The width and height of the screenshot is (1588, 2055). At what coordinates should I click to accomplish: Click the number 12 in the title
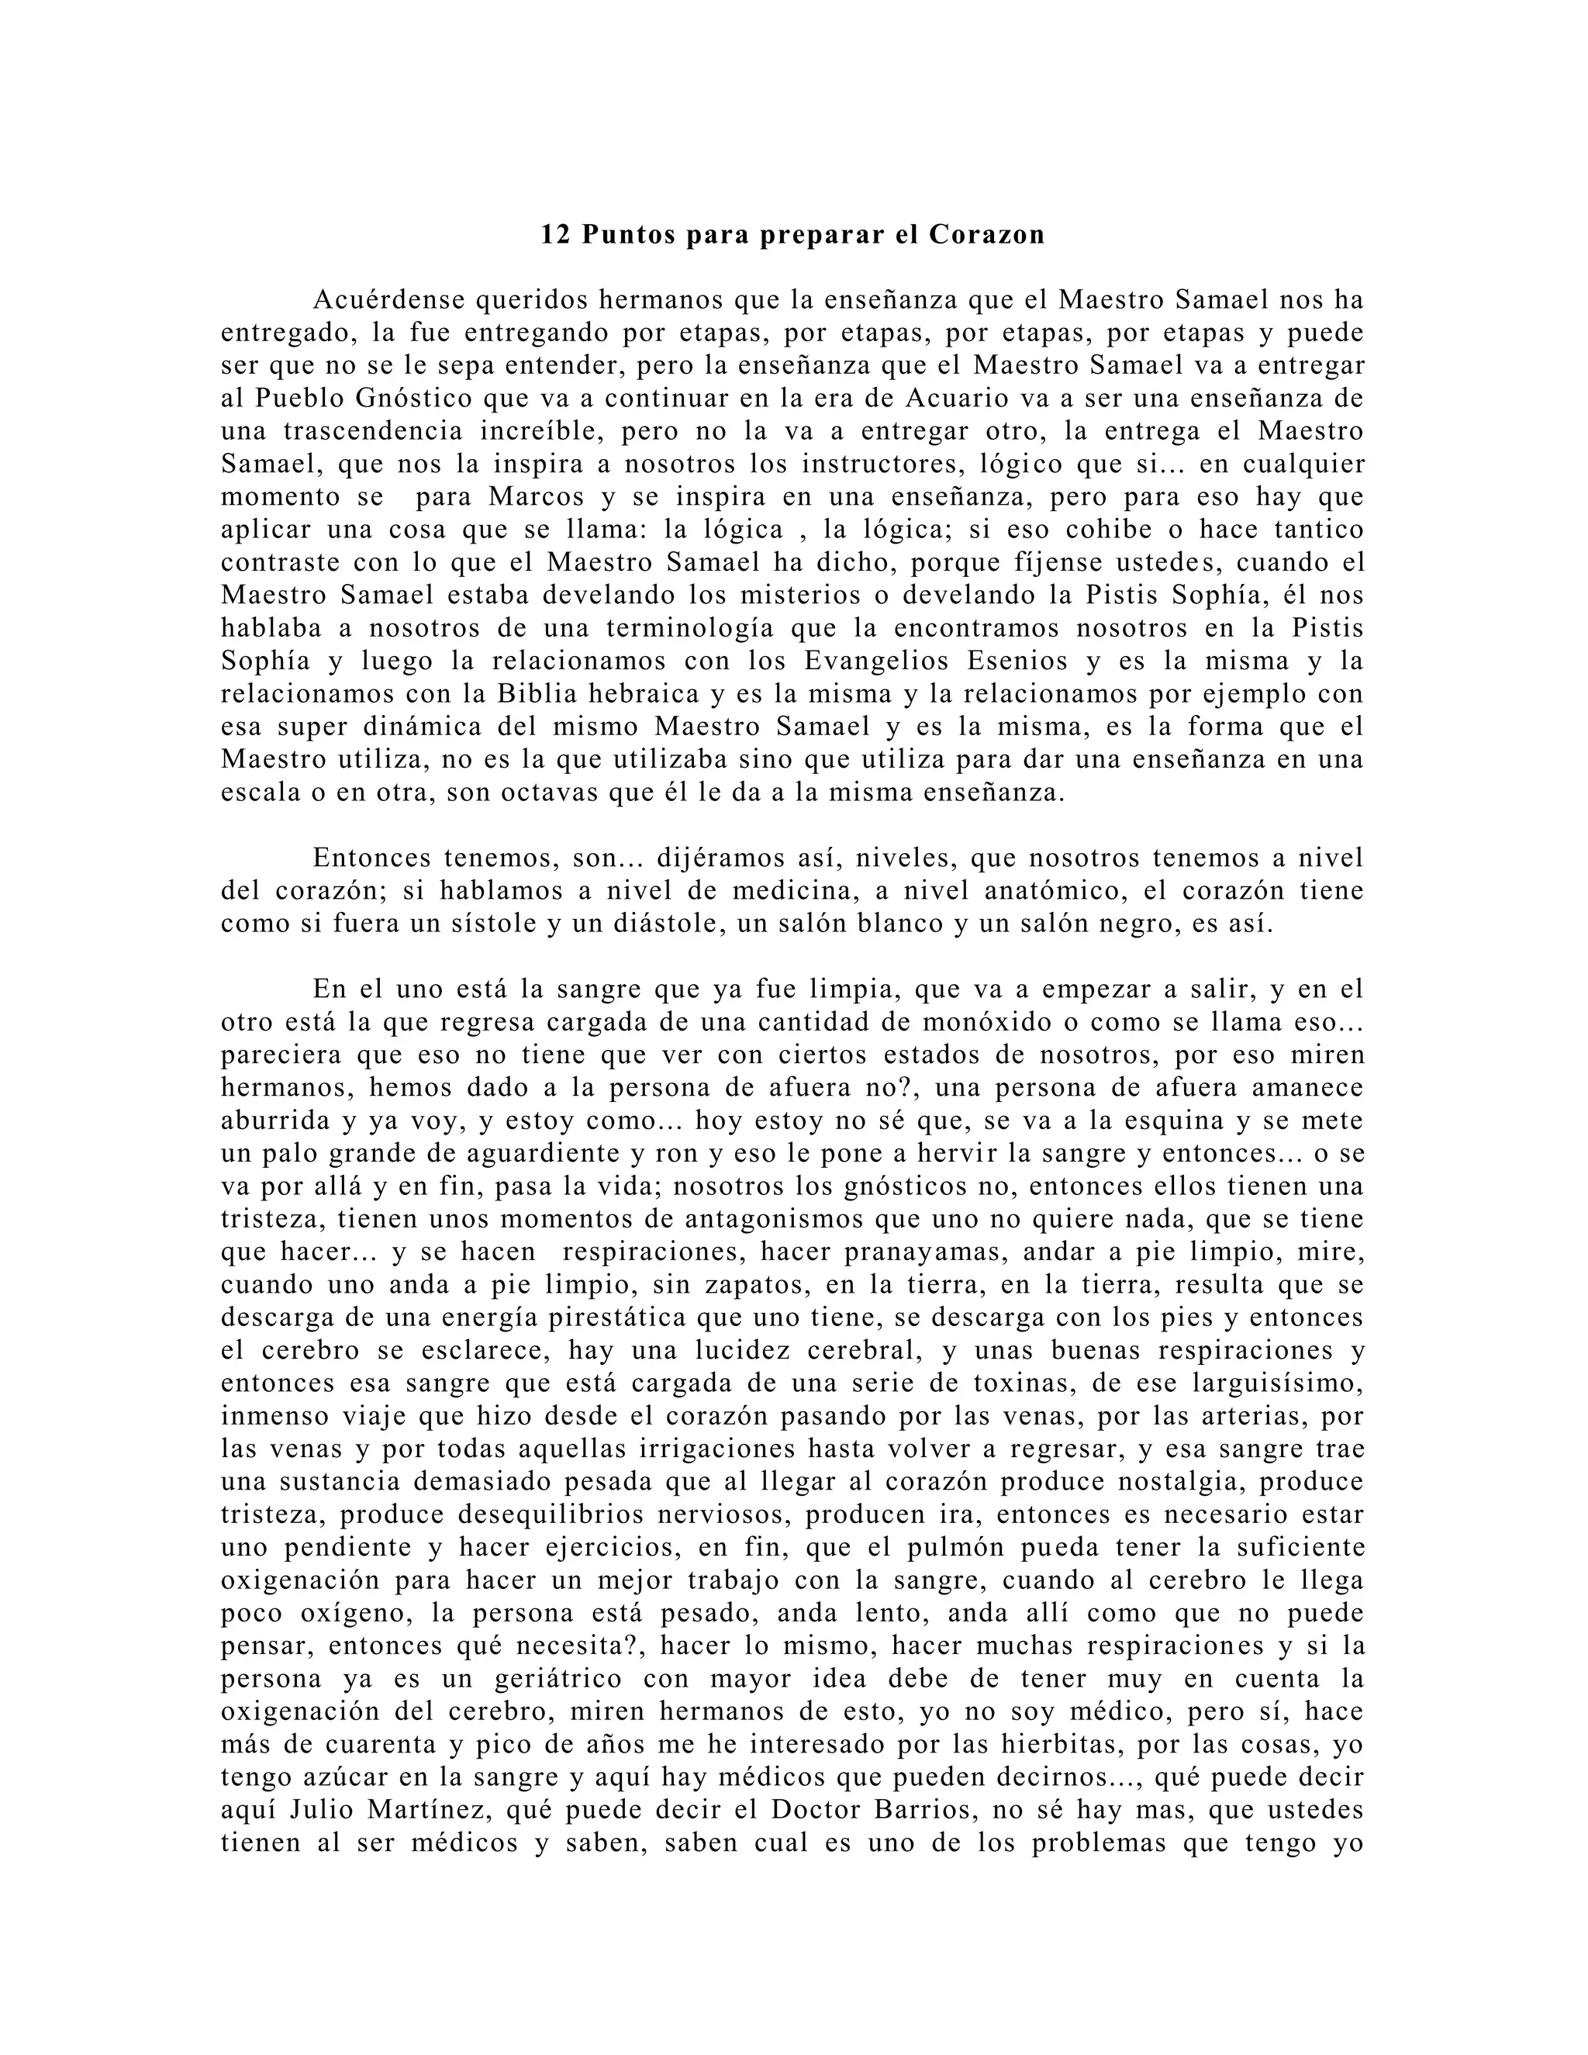555,234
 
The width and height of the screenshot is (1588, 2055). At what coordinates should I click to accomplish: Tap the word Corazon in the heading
987,234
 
